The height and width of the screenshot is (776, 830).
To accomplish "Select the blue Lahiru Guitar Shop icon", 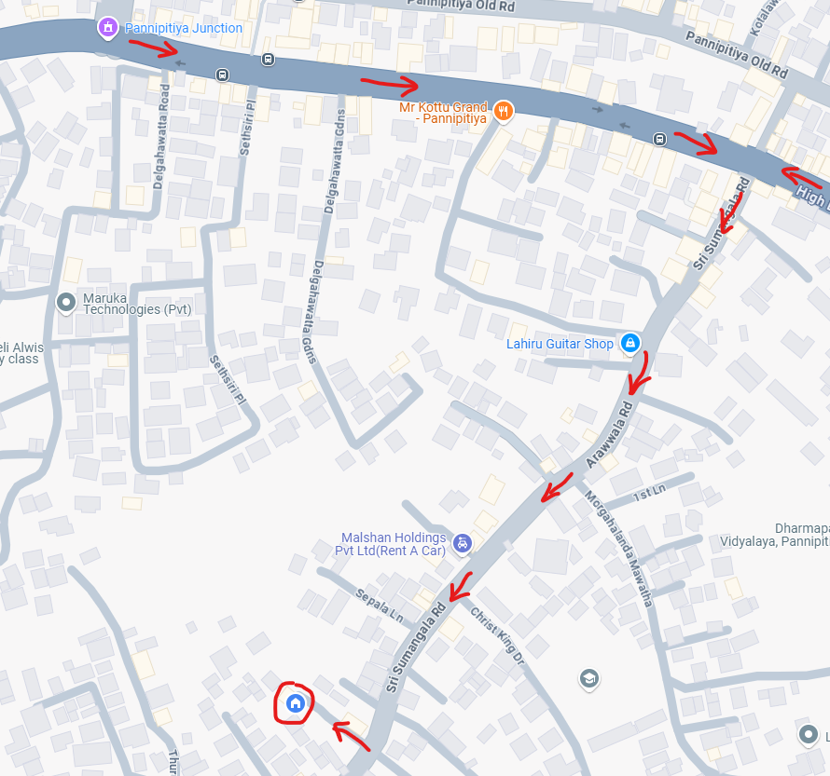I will point(630,344).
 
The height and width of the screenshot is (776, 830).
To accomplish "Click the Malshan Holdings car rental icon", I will point(461,543).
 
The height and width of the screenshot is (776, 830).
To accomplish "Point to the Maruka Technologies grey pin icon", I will point(66,302).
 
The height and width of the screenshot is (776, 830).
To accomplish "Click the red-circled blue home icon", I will point(295,702).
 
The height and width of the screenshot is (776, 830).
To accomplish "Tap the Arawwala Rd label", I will point(610,435).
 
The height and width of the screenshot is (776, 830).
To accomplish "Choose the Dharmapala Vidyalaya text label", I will point(775,534).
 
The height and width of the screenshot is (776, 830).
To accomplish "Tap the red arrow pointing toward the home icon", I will point(352,734).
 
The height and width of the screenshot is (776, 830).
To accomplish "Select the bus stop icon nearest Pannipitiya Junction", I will point(222,75).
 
